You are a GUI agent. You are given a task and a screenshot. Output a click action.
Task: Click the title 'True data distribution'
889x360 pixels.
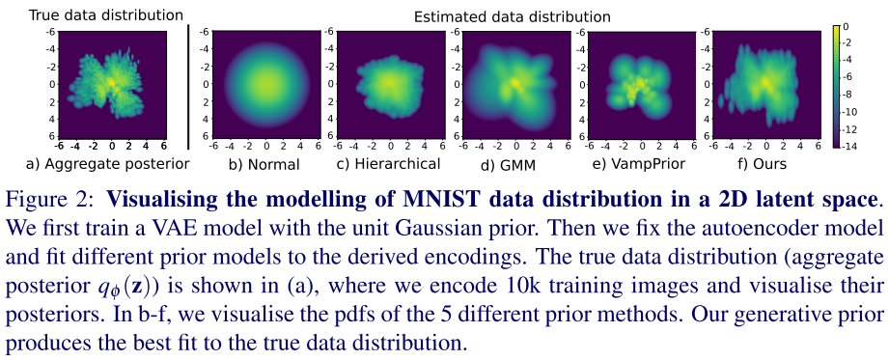pyautogui.click(x=92, y=14)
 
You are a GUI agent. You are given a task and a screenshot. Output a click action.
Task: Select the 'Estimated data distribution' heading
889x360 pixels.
pyautogui.click(x=512, y=16)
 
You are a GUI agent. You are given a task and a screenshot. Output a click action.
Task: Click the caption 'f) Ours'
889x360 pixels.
pyautogui.click(x=763, y=164)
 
